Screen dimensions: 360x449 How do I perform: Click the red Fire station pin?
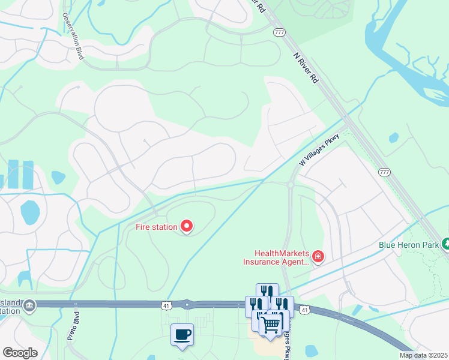point(187,226)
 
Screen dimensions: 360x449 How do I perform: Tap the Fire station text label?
point(156,227)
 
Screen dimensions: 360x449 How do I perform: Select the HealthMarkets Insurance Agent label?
point(276,257)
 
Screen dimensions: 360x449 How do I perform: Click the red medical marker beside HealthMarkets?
point(318,257)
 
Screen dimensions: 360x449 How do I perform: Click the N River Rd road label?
point(306,68)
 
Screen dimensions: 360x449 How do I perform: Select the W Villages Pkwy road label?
point(319,150)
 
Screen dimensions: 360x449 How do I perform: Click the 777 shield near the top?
point(279,32)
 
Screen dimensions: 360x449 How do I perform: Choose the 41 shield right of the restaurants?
point(305,310)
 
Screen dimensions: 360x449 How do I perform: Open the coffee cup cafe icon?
point(182,335)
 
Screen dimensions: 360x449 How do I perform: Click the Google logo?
point(20,353)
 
